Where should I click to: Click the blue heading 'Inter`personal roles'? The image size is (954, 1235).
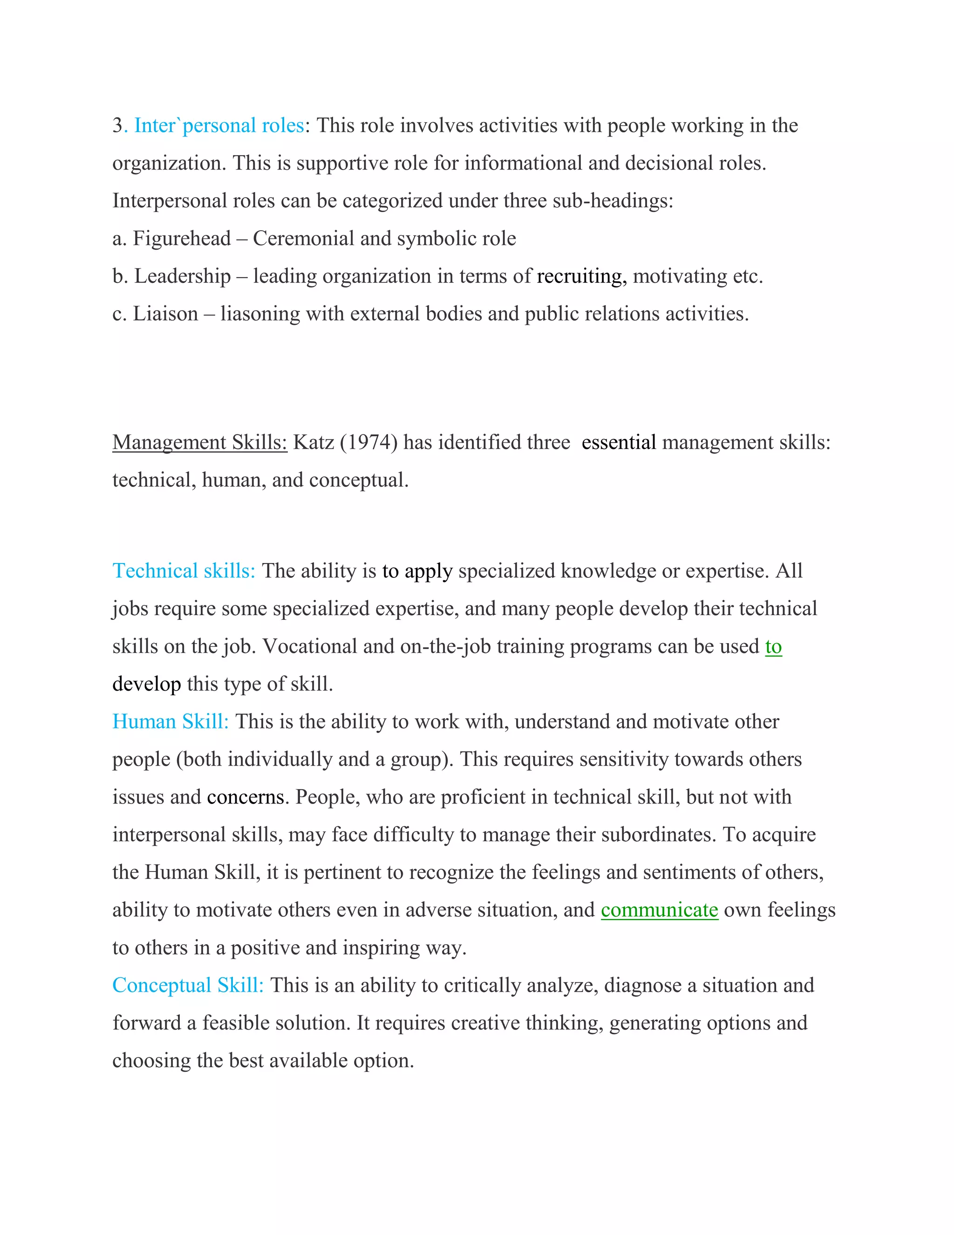tap(219, 125)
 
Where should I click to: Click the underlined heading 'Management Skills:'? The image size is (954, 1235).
tap(199, 442)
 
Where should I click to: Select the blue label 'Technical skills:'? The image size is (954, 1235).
tap(184, 571)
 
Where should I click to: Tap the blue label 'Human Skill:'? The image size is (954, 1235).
tap(170, 721)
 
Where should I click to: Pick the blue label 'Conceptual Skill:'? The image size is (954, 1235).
tap(188, 985)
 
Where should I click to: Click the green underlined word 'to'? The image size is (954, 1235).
tap(773, 646)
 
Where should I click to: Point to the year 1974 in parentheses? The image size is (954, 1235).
tap(368, 442)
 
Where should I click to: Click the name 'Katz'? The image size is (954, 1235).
tap(313, 442)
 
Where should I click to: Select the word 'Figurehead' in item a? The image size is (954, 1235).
tap(181, 239)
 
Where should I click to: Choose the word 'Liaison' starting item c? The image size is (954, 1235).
tap(165, 314)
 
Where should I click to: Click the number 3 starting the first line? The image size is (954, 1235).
tap(117, 125)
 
